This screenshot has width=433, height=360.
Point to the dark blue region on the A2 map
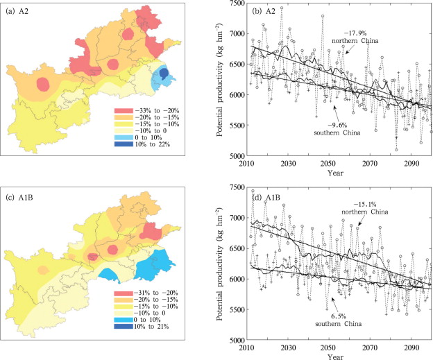[164, 73]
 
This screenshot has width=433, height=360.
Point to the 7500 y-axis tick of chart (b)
[235, 5]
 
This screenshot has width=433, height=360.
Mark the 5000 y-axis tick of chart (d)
[235, 340]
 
